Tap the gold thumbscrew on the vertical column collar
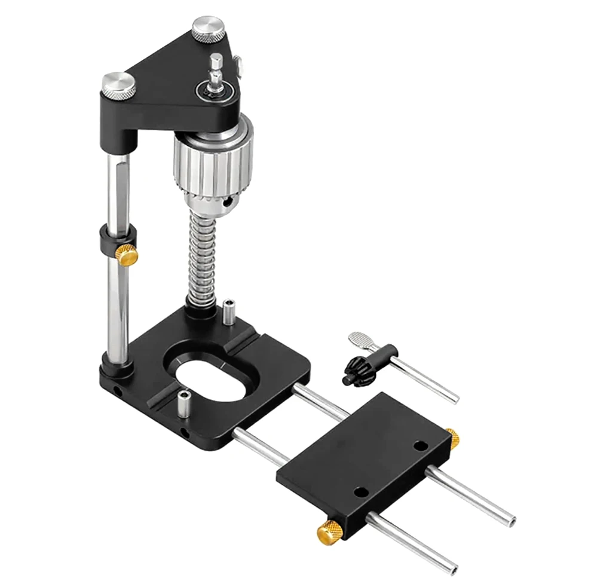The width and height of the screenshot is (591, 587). click(x=127, y=255)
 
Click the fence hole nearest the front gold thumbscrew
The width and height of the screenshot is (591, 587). click(x=360, y=493)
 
